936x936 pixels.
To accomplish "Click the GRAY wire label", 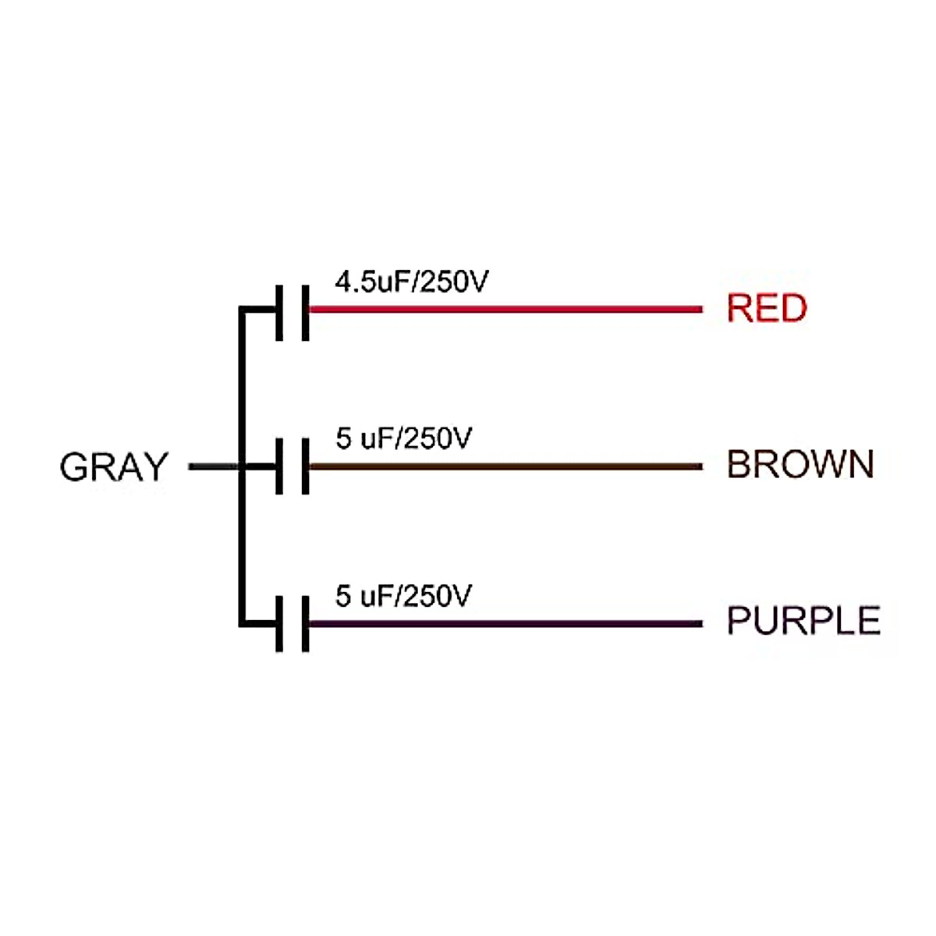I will point(114,467).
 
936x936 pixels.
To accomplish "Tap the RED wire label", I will point(767,308).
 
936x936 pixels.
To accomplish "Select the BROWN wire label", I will point(800,465).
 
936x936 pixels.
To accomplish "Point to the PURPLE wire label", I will point(803,622).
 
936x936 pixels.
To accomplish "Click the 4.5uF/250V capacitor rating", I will point(411,282).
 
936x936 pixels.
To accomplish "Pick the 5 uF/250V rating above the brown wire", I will point(403,439).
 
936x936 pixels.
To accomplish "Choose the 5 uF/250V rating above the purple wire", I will point(403,597).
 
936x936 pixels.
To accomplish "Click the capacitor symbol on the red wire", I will point(292,312).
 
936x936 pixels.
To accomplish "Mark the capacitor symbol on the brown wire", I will point(292,466).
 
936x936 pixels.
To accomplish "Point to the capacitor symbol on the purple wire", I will point(292,624).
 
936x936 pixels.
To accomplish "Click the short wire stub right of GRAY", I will point(212,467).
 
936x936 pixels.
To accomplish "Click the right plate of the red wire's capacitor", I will point(305,312).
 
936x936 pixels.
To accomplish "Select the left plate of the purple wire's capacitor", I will point(279,624).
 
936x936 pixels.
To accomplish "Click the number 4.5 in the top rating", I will point(355,282).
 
